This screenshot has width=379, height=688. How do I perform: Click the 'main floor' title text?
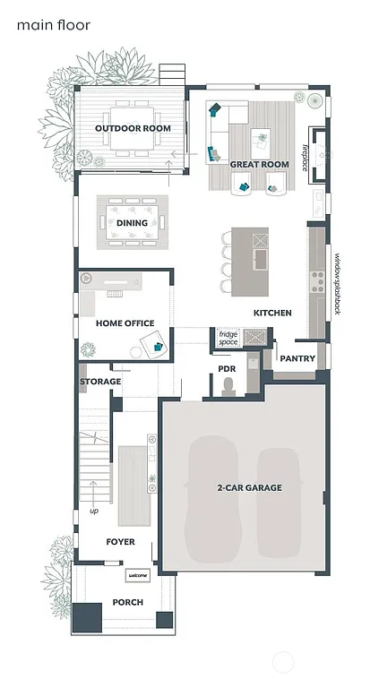click(x=53, y=26)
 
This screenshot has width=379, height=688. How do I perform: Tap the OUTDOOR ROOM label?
click(x=133, y=129)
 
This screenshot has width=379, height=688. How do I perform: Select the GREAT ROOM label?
click(x=259, y=165)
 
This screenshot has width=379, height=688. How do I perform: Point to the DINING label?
click(x=132, y=223)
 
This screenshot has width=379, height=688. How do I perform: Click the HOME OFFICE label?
click(x=125, y=323)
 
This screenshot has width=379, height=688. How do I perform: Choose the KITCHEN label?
click(x=272, y=314)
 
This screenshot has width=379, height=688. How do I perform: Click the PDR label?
click(x=227, y=368)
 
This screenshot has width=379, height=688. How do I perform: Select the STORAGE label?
click(x=100, y=382)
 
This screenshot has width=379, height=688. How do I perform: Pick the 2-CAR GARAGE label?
click(x=249, y=488)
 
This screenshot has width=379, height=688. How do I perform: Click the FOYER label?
click(x=120, y=542)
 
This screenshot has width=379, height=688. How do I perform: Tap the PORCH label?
click(x=127, y=602)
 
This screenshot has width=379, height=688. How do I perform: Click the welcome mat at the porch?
click(x=137, y=576)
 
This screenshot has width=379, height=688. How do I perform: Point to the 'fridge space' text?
click(x=228, y=338)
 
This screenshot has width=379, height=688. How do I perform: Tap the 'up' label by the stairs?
click(x=93, y=512)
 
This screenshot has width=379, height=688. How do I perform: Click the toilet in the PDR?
click(x=227, y=385)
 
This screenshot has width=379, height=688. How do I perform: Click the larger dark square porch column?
click(x=88, y=617)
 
